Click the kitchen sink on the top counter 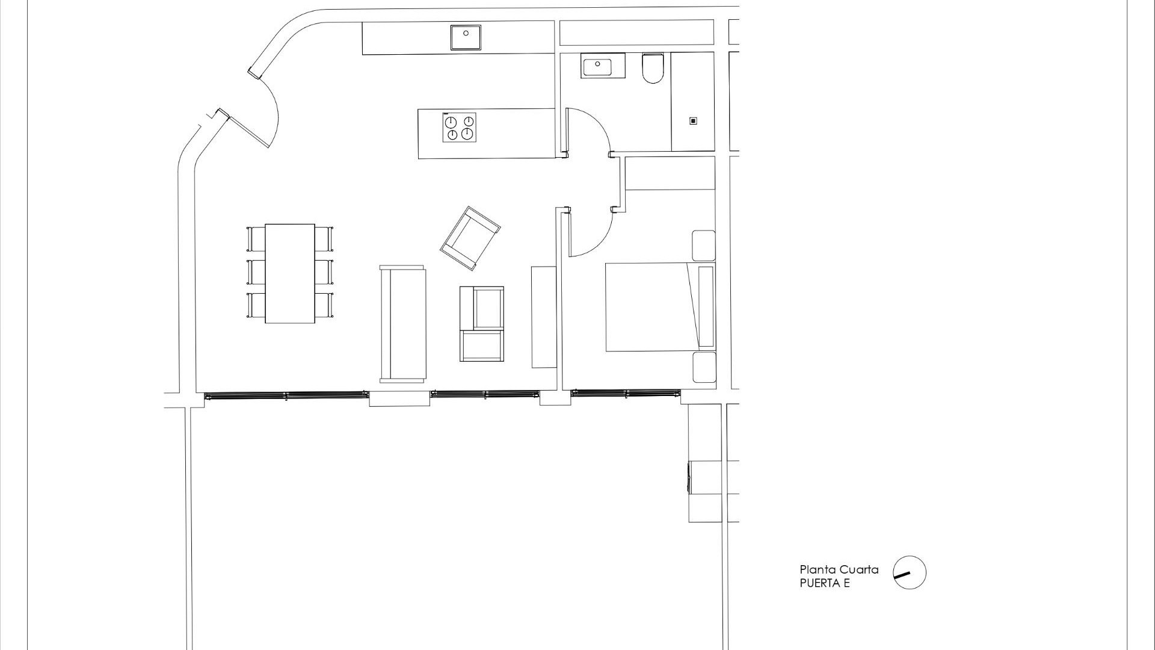click(466, 37)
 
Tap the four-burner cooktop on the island click(460, 128)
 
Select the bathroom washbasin click(603, 65)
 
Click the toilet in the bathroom click(653, 67)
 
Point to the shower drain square click(693, 121)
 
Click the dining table click(290, 273)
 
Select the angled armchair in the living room click(470, 238)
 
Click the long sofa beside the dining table click(402, 324)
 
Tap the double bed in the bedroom click(653, 307)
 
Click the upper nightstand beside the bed click(703, 245)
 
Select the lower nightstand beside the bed click(704, 367)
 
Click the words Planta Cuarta click(839, 570)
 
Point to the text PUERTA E click(824, 583)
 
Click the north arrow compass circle click(909, 572)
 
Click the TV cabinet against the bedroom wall click(544, 317)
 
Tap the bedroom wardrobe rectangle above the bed click(670, 173)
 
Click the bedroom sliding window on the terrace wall click(626, 394)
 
